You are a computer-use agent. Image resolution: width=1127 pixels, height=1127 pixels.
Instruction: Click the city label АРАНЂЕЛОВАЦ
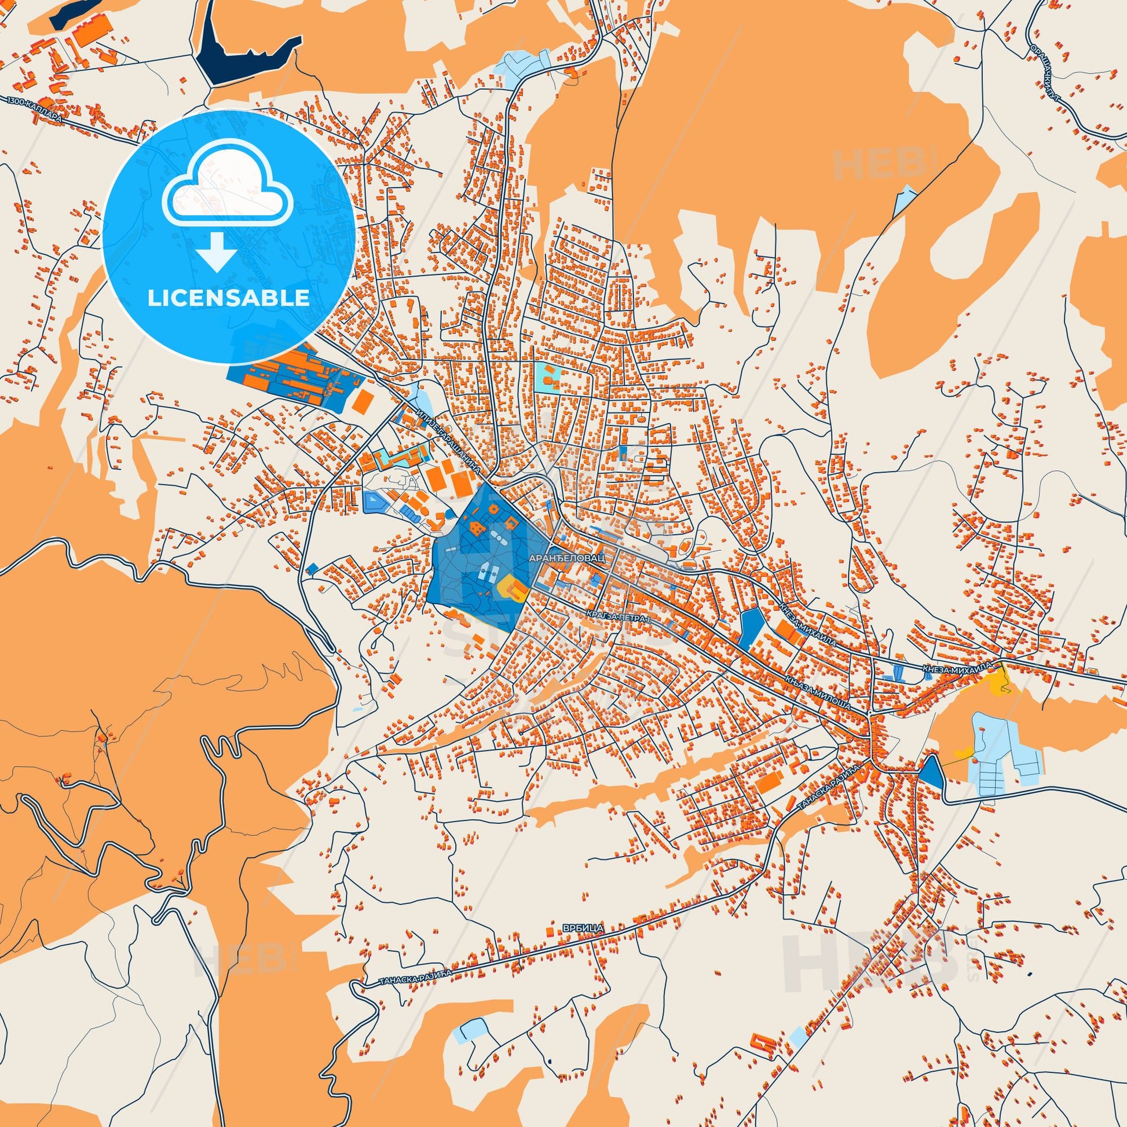pos(566,558)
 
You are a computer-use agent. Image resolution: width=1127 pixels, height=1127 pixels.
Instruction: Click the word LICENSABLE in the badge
pos(229,298)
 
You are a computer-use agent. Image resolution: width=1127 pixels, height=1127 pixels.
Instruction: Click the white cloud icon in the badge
pos(229,193)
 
